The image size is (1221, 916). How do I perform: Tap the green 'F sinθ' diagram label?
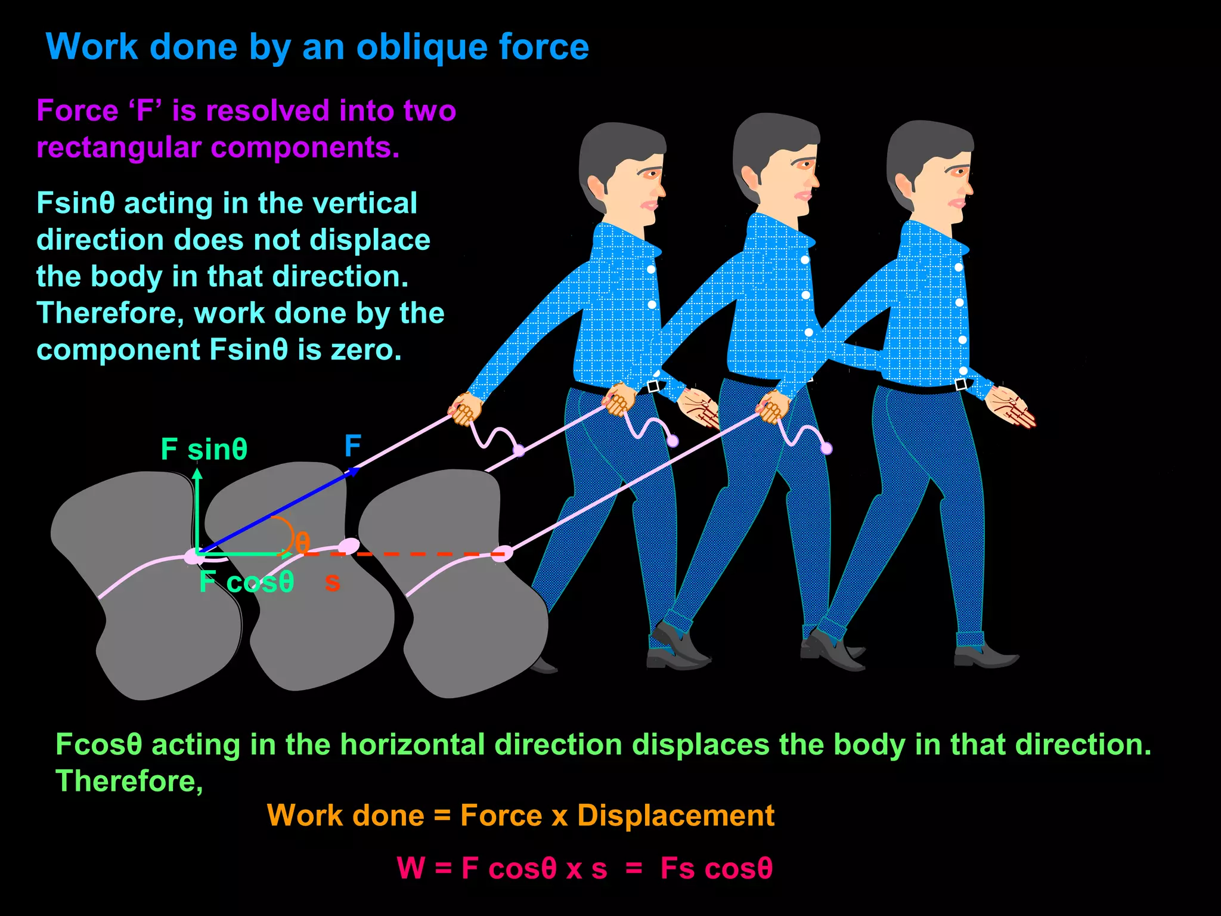204,449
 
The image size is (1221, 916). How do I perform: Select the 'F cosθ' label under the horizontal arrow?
247,582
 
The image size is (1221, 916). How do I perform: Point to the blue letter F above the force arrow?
353,445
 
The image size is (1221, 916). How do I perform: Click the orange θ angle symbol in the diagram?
302,543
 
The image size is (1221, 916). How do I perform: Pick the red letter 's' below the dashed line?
332,582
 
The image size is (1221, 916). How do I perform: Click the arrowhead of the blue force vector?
354,471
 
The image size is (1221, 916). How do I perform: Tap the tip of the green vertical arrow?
197,473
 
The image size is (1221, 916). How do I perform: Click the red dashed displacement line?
417,554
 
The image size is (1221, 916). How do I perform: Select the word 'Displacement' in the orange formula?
675,815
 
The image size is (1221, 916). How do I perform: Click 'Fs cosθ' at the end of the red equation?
716,868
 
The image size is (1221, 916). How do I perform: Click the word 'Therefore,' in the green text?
129,781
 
